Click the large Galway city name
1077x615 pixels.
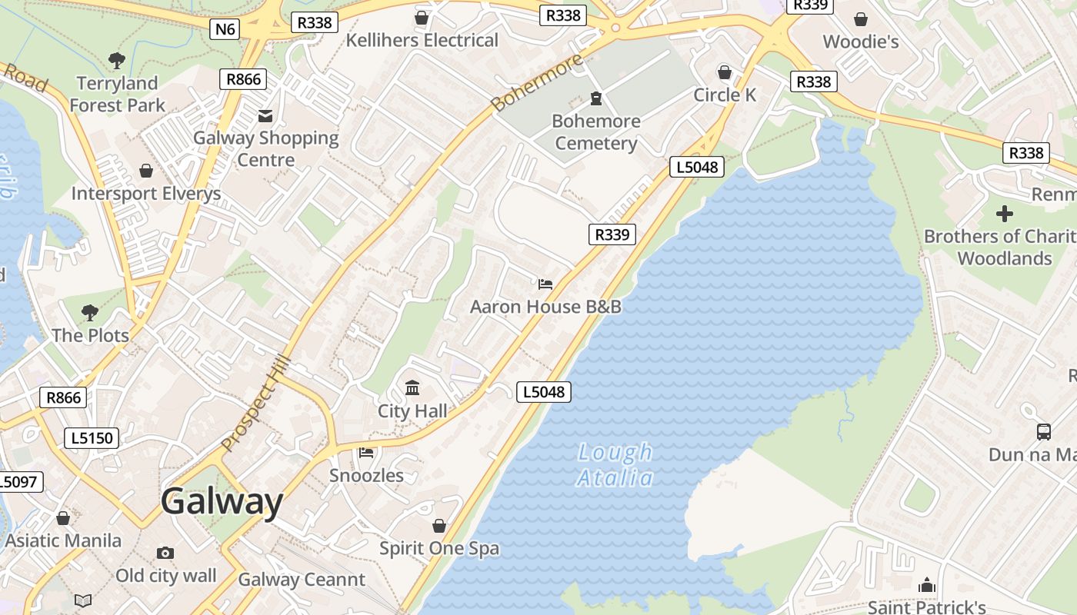coord(222,502)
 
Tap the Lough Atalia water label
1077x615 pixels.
coord(615,465)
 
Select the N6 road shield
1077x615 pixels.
coord(225,29)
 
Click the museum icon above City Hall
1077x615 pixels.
coord(412,387)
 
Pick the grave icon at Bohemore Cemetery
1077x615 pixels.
coord(595,98)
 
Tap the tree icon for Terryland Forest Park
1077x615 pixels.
coord(117,60)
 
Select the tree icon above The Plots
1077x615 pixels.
coord(90,312)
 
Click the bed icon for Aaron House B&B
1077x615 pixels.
coord(545,284)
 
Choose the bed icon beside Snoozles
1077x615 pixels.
coord(366,453)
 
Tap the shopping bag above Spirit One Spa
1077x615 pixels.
coord(439,526)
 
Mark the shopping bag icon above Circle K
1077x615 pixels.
coord(725,72)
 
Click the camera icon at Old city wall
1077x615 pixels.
coord(165,553)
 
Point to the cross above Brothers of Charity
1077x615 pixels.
coord(1004,214)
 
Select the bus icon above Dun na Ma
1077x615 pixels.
coord(1043,432)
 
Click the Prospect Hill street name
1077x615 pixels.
coord(255,404)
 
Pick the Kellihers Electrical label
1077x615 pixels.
coord(422,40)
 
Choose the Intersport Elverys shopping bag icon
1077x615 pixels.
coord(146,171)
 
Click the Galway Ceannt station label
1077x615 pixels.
coord(302,580)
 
